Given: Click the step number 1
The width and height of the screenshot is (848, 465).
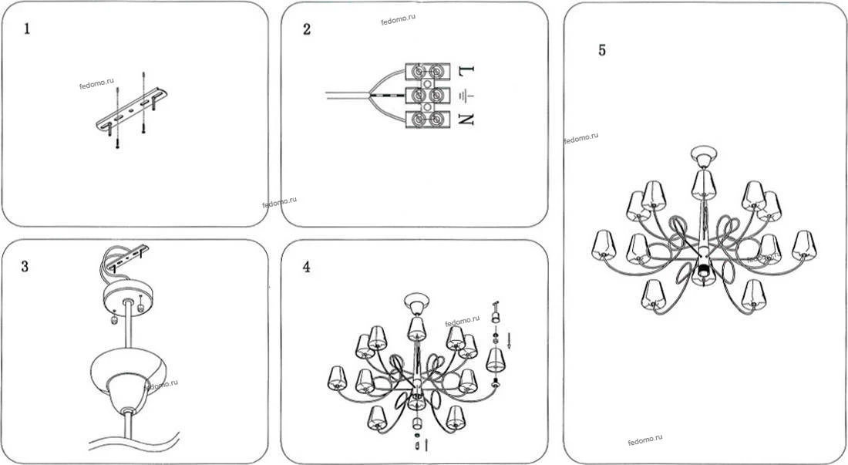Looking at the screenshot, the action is point(27,29).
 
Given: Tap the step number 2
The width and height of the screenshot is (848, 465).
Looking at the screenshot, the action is point(307,29).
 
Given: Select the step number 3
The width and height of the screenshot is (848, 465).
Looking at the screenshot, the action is point(25,267).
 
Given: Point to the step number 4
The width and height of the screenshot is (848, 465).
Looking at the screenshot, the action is point(307,267).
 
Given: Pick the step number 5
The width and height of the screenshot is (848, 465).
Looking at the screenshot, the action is point(602,50).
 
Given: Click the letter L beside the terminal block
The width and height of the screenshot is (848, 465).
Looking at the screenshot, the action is point(466,70).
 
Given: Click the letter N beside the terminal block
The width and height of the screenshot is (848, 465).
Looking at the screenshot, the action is point(466,119).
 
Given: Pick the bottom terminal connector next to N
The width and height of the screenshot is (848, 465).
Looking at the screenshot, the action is point(428,119).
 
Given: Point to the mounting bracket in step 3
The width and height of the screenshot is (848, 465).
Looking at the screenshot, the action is point(128,258).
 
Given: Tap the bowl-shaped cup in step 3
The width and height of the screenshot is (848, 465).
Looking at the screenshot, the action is point(128,373).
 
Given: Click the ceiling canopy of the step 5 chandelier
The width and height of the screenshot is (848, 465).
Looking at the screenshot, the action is point(704,157).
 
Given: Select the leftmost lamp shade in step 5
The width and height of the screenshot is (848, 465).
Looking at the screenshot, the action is point(604,244).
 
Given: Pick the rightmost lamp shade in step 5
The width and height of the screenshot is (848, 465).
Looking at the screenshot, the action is point(804,244).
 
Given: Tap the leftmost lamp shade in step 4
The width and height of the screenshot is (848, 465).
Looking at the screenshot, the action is point(337,378).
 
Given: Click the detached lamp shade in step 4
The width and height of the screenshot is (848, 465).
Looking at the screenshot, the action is point(495,359).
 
